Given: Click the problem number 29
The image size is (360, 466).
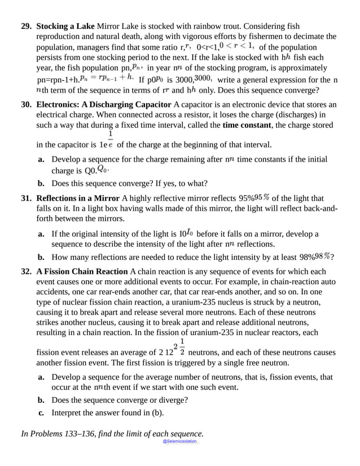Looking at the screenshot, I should (27, 27).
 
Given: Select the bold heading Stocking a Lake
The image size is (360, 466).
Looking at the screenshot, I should (66, 27).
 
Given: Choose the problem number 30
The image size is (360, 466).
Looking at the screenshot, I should (27, 104).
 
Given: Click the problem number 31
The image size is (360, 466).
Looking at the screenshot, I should (27, 198).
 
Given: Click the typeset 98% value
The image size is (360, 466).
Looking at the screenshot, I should (322, 256).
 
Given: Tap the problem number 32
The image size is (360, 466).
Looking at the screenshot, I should (27, 272).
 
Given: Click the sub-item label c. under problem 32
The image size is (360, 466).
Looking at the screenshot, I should (41, 412).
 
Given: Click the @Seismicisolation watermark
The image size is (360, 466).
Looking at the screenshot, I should (180, 441).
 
